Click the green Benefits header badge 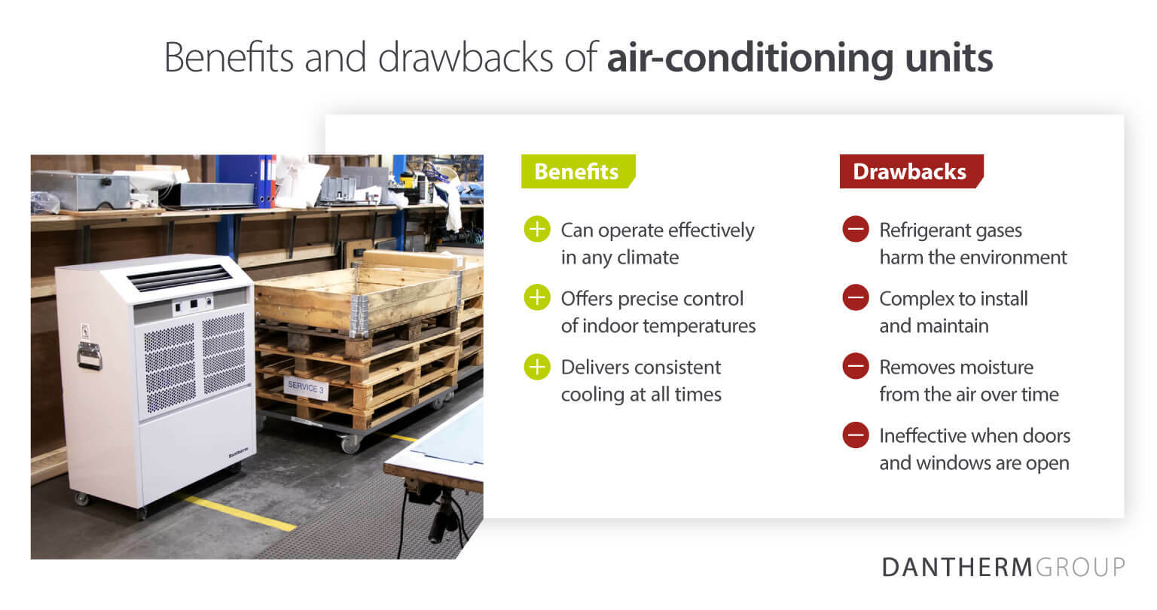coord(578,172)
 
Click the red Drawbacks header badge coord(911,172)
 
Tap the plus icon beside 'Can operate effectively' coord(537,229)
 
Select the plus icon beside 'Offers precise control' coord(537,297)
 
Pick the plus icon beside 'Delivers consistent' coord(537,366)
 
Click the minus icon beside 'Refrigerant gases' coord(856,229)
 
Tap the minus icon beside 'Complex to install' coord(856,297)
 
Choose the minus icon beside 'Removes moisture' coord(856,366)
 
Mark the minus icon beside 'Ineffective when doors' coord(856,435)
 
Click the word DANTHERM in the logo coord(957,567)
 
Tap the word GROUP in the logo coord(1080,567)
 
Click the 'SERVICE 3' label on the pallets coord(306,387)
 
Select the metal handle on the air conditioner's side coord(90,355)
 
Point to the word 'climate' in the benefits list coord(649,258)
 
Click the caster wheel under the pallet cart coord(351,444)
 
